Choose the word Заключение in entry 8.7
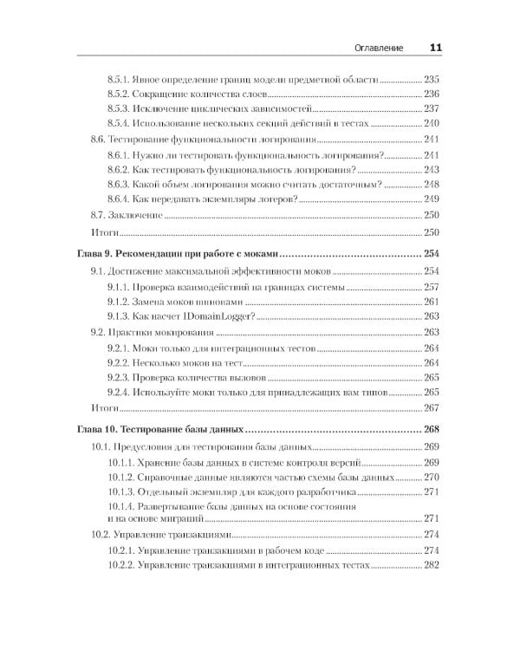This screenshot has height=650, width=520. (139, 214)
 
